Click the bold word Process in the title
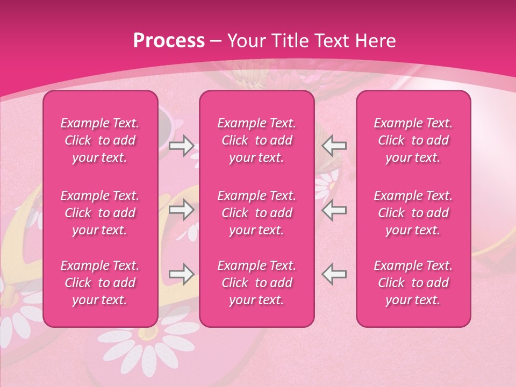pyautogui.click(x=169, y=41)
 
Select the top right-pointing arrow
pyautogui.click(x=181, y=145)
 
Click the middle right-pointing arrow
pyautogui.click(x=181, y=210)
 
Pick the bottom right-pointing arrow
pyautogui.click(x=181, y=274)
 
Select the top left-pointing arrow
pyautogui.click(x=334, y=145)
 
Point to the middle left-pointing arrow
pyautogui.click(x=334, y=210)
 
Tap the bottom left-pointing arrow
pyautogui.click(x=334, y=274)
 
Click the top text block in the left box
pyautogui.click(x=100, y=140)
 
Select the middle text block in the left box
pyautogui.click(x=100, y=213)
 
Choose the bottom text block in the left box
pyautogui.click(x=100, y=283)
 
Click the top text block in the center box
pyautogui.click(x=257, y=140)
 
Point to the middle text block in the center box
pyautogui.click(x=257, y=213)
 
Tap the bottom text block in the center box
pyautogui.click(x=257, y=283)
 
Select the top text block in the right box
pyautogui.click(x=413, y=140)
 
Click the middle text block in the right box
pyautogui.click(x=413, y=213)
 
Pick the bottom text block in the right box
pyautogui.click(x=413, y=283)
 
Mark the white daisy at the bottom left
pyautogui.click(x=21, y=322)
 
